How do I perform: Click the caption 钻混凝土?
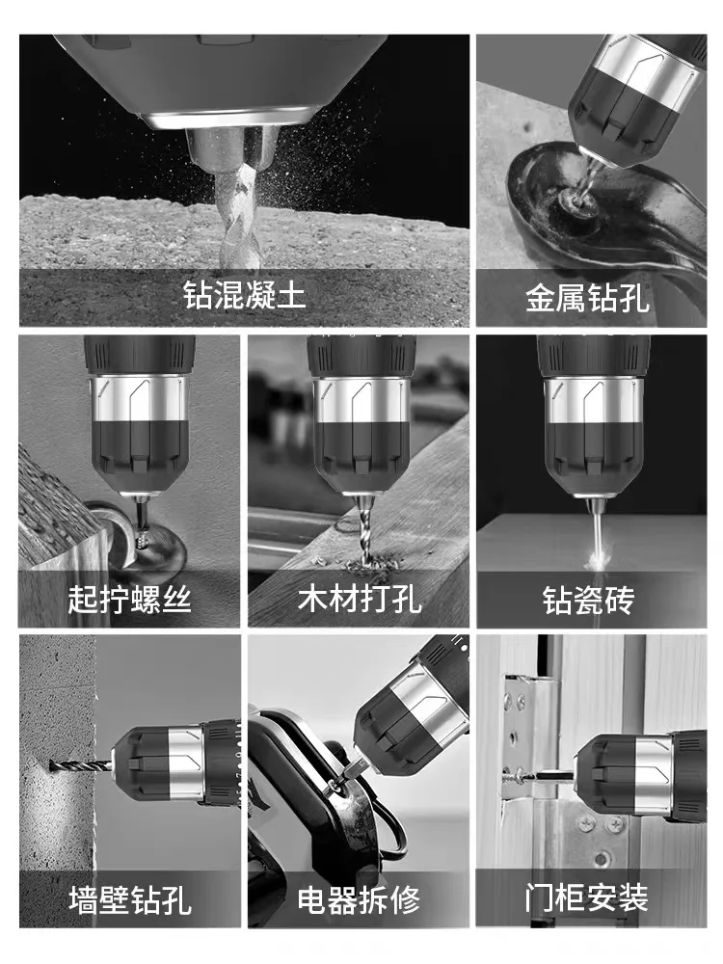coord(245,295)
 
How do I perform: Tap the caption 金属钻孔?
coord(587,298)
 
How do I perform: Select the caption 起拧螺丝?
coord(129,599)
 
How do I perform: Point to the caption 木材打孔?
coord(359,599)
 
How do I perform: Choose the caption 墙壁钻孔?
coord(129,900)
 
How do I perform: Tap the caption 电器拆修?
coord(359,900)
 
